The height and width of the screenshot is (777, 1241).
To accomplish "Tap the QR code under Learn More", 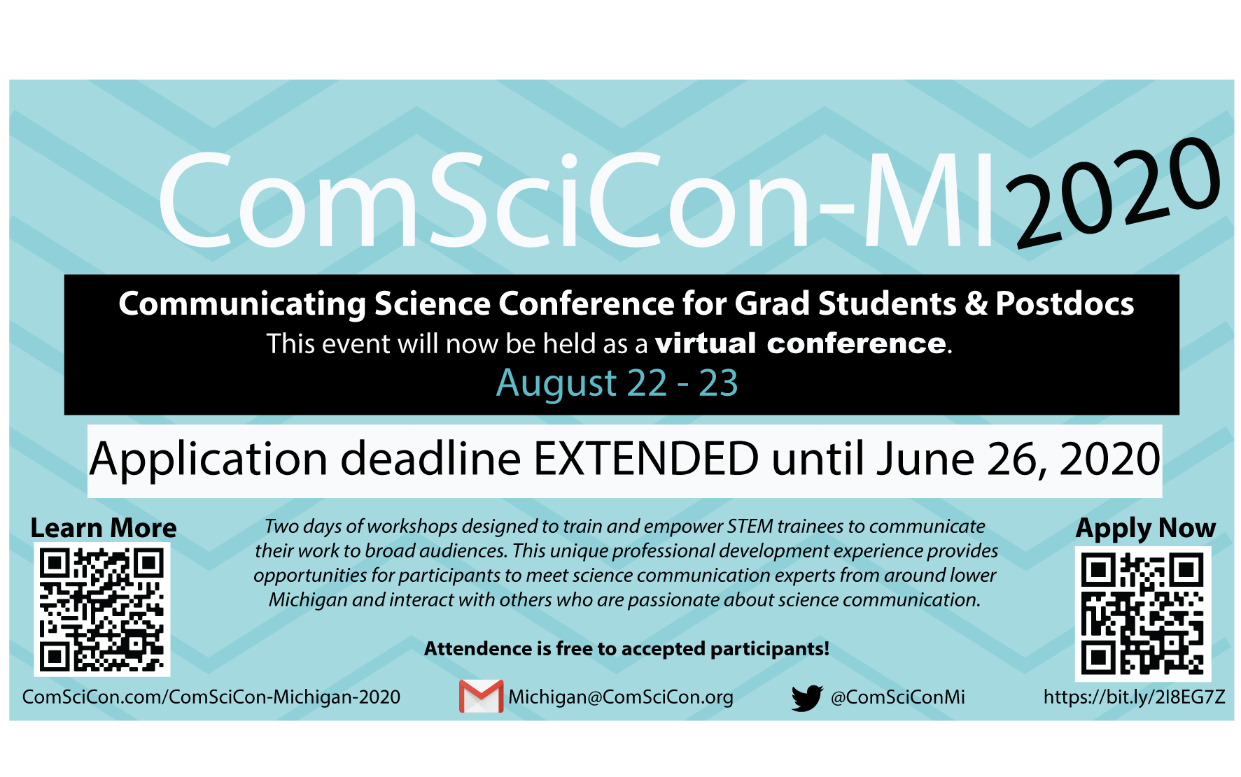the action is (x=102, y=610).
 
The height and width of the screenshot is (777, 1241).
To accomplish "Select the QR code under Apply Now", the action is (x=1142, y=614).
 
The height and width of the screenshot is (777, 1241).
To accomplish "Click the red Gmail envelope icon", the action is (x=481, y=697).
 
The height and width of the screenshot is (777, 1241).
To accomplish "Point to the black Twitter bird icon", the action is (x=806, y=698).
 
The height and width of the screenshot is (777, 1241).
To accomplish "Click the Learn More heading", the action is (x=104, y=528).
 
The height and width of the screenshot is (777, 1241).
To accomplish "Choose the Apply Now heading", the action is (x=1146, y=529).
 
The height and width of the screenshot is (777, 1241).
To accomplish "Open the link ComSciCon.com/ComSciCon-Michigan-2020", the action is (x=211, y=697).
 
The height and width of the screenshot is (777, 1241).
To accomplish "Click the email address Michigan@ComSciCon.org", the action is (x=621, y=697).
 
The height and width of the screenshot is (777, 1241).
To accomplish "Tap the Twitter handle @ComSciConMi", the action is (x=898, y=697).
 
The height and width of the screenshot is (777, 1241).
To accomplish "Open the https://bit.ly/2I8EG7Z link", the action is (x=1134, y=697).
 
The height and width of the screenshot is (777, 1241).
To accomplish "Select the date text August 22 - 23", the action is (x=617, y=383).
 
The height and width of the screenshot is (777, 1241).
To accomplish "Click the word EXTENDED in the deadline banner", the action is (x=646, y=459).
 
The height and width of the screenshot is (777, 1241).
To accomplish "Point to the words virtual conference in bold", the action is (x=801, y=343).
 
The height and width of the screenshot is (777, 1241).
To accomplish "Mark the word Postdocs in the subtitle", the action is (x=1065, y=304).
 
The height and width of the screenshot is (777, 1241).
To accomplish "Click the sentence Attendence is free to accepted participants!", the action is (x=626, y=649).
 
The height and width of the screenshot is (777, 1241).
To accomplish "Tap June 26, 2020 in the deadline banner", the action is (x=1018, y=460).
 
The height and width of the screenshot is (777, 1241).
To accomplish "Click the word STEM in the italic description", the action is (x=750, y=526).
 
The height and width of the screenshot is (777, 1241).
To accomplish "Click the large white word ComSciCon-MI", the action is (x=576, y=201).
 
